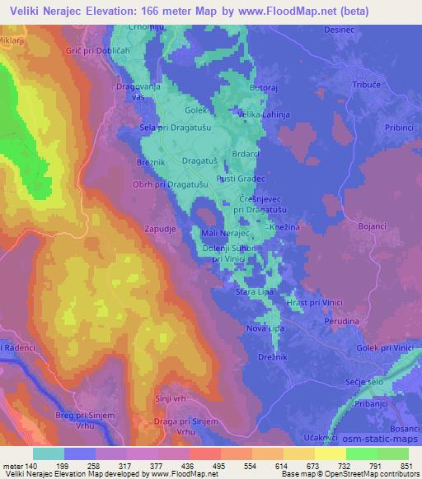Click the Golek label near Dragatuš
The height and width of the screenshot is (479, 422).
[194, 109]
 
